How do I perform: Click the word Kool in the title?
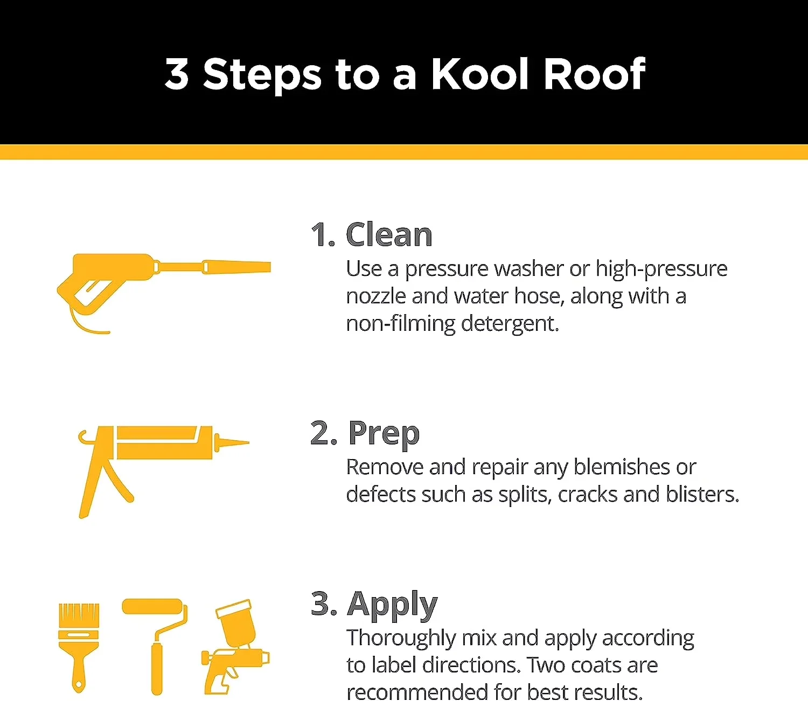click(479, 74)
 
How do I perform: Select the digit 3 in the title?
click(177, 75)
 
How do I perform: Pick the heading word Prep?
click(384, 434)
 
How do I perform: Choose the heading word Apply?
click(392, 605)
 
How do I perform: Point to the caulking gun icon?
click(164, 471)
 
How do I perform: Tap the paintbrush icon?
click(79, 647)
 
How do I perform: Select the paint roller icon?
click(155, 646)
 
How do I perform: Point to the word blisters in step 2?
click(702, 494)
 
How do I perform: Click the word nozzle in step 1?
click(375, 296)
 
